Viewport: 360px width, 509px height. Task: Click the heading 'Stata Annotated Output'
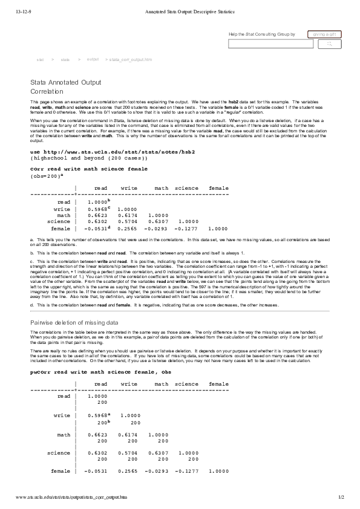click(x=65, y=82)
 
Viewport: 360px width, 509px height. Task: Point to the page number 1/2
click(x=340, y=497)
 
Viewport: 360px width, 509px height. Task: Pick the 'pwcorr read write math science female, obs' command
click(x=101, y=372)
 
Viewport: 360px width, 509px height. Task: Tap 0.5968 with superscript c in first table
click(x=98, y=209)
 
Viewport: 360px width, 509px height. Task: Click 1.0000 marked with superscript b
click(x=98, y=201)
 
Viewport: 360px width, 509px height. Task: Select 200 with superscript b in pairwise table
click(x=102, y=424)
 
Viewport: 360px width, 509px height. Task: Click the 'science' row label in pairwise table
click(x=59, y=452)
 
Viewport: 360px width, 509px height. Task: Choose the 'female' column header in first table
click(x=218, y=188)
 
